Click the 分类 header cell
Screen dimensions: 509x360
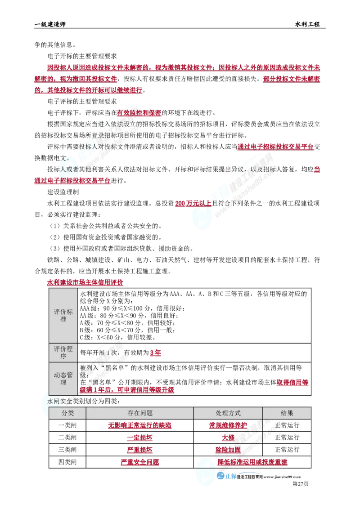pos(67,413)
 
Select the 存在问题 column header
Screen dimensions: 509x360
pos(140,413)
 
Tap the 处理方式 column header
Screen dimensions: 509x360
pos(228,413)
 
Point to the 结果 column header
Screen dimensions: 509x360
pos(287,413)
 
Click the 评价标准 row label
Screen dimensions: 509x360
pos(63,315)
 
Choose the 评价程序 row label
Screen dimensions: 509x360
pos(63,353)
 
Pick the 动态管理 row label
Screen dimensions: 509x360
pos(63,379)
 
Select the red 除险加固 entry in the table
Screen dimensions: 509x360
pos(228,450)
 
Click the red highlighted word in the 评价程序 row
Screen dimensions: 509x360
pos(156,354)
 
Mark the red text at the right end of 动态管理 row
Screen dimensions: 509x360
pos(292,383)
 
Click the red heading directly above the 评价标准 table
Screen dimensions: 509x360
pos(85,283)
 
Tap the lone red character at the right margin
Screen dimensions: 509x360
pos(317,170)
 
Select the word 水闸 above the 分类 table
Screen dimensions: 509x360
pos(54,400)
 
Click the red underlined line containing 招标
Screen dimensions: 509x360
pos(72,181)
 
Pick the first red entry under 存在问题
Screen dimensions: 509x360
pos(140,425)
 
